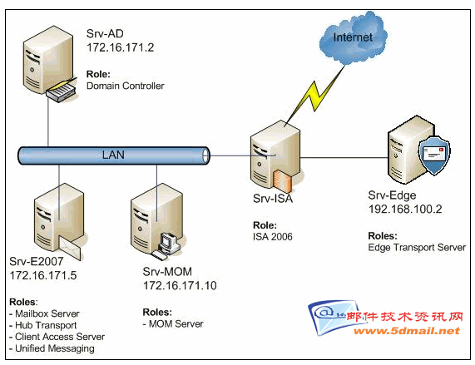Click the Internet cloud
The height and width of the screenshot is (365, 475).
click(x=354, y=37)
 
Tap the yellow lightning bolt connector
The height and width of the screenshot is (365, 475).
click(x=315, y=96)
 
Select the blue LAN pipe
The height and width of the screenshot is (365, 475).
click(x=114, y=155)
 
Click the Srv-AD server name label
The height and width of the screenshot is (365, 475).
click(x=105, y=33)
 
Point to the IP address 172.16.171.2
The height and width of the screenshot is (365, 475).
click(x=121, y=47)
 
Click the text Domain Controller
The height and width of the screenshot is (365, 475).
click(x=125, y=86)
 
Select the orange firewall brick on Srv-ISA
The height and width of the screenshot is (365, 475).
click(x=282, y=181)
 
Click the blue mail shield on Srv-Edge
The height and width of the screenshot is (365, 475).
click(x=433, y=155)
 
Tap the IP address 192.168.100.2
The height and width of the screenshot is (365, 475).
click(x=405, y=210)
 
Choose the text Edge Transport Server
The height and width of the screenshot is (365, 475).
click(x=417, y=248)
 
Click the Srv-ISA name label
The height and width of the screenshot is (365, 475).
click(x=273, y=199)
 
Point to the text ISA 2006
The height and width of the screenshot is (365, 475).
click(x=273, y=237)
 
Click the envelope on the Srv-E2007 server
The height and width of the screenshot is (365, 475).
click(x=71, y=249)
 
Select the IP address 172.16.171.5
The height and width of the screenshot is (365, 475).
click(x=43, y=275)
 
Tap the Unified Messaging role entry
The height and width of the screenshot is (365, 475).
click(x=52, y=348)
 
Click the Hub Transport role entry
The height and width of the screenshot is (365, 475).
click(x=42, y=325)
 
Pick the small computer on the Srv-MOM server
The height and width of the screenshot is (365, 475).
click(x=166, y=246)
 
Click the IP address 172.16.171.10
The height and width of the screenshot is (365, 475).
click(x=180, y=286)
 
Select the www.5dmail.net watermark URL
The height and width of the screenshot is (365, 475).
click(x=407, y=331)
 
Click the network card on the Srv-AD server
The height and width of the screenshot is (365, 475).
click(x=62, y=90)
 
